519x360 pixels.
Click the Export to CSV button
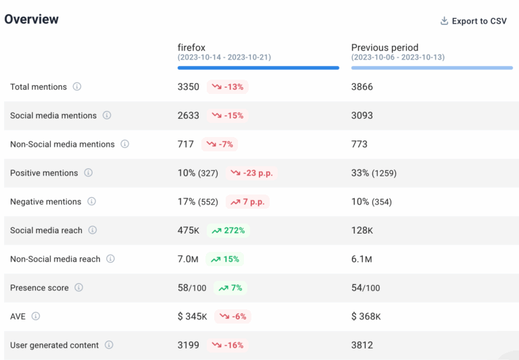(x=473, y=21)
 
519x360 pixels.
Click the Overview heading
(x=32, y=19)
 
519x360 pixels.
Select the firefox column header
(x=191, y=47)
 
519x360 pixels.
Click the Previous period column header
(x=385, y=47)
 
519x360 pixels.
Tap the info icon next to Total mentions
(x=77, y=86)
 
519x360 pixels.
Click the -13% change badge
(x=228, y=87)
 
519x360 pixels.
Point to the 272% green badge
(x=228, y=230)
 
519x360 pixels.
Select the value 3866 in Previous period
(x=362, y=87)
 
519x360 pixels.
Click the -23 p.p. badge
(x=252, y=173)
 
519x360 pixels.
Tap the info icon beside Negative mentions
(x=91, y=201)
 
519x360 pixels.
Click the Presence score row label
(x=39, y=288)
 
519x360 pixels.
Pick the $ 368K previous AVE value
(x=366, y=317)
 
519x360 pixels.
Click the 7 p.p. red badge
(x=248, y=202)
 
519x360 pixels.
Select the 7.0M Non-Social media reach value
(x=188, y=259)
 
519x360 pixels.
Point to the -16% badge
(x=228, y=345)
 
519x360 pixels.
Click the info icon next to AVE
(x=36, y=316)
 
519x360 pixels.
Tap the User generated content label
(x=54, y=345)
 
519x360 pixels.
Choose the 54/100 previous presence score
(x=366, y=288)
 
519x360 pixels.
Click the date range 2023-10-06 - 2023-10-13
(x=397, y=57)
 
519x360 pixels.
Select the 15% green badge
(x=226, y=259)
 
